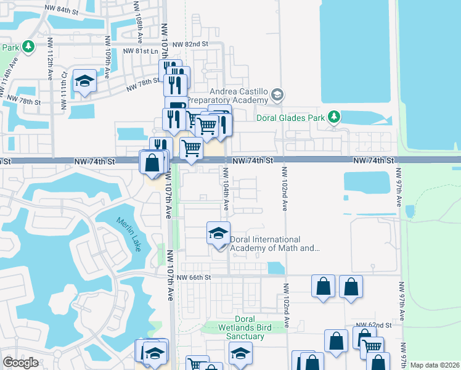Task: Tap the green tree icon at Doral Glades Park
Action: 333,116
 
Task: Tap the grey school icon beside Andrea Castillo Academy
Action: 277,94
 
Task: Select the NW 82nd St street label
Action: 190,44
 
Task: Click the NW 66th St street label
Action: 194,277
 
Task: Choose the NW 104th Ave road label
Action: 226,195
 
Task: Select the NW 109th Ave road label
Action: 107,64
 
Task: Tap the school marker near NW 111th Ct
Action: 84,82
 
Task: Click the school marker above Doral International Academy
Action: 218,233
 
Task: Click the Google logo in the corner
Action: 20,363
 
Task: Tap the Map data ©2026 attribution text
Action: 434,365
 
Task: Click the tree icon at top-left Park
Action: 28,47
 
